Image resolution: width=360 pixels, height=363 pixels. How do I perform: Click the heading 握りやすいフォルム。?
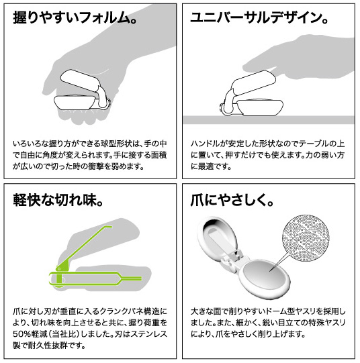[74, 18]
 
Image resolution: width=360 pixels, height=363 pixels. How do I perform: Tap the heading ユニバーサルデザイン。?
[259, 18]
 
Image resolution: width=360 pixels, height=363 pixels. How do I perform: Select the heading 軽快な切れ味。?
[58, 199]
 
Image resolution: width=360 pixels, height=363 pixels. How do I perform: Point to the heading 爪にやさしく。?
[232, 199]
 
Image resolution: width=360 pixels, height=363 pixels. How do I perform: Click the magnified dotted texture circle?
[306, 238]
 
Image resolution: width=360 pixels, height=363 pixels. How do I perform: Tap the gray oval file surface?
[265, 275]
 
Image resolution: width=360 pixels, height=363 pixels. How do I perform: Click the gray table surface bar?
[269, 120]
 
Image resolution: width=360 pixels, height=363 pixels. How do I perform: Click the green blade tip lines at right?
[131, 278]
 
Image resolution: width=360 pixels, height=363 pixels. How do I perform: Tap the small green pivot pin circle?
[59, 269]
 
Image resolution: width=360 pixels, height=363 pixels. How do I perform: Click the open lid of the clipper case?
[218, 238]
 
